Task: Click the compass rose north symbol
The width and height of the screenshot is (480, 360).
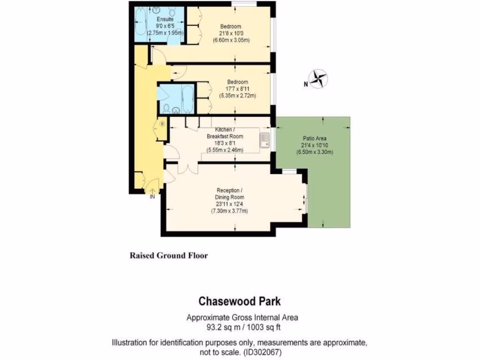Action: tap(319, 79)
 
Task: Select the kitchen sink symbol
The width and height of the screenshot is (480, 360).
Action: tap(265, 139)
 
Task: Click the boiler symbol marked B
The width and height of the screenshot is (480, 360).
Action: tap(162, 124)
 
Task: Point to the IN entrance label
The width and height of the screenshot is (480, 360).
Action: tap(152, 197)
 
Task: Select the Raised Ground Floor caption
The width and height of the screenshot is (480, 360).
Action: tap(168, 256)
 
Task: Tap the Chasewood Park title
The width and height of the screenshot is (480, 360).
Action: tap(240, 300)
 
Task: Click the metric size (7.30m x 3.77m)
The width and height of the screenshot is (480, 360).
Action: tap(229, 211)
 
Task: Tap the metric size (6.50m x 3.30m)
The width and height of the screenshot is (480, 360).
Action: tap(315, 152)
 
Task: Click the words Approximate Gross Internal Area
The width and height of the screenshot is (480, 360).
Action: tap(242, 317)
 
